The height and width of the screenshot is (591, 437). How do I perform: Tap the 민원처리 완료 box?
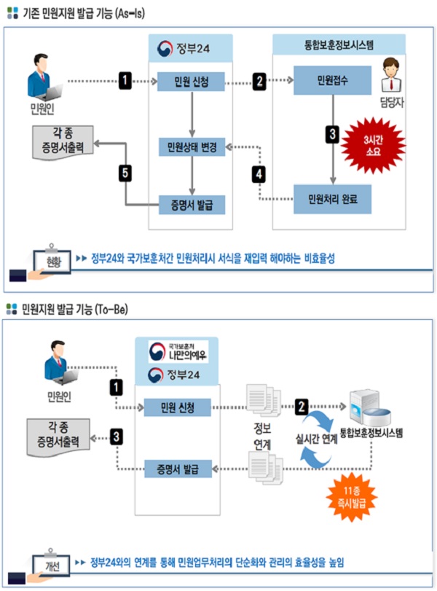click(327, 197)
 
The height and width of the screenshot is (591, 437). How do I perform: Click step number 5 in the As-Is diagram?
click(126, 173)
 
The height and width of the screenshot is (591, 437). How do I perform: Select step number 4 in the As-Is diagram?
click(259, 173)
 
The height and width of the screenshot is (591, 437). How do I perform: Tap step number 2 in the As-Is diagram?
click(260, 80)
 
